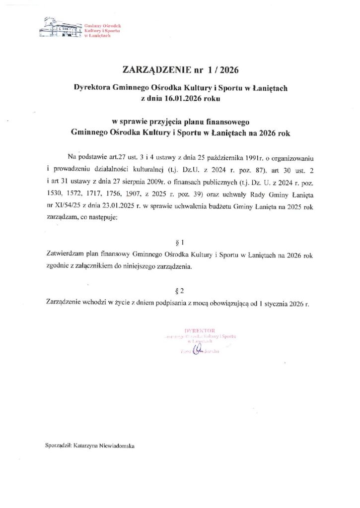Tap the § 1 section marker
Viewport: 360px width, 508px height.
click(180, 243)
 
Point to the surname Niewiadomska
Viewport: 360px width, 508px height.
click(115, 446)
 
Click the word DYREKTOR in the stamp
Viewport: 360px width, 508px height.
click(199, 330)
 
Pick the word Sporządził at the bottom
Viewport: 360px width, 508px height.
click(58, 446)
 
